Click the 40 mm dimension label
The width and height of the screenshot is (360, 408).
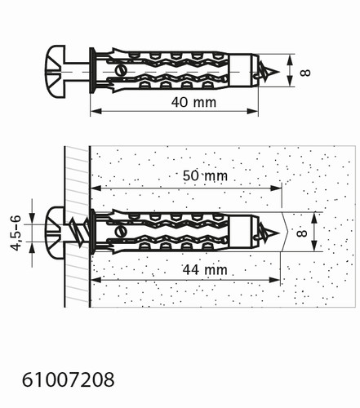pyautogui.click(x=193, y=103)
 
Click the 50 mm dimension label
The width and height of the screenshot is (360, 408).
pyautogui.click(x=205, y=175)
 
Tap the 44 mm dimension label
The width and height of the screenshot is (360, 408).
pyautogui.click(x=205, y=270)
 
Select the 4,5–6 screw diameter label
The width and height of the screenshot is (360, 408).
pyautogui.click(x=16, y=233)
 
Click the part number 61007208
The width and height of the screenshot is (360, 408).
pyautogui.click(x=68, y=379)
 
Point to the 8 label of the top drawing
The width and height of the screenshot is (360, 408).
pyautogui.click(x=305, y=73)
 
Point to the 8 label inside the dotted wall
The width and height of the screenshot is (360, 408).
pyautogui.click(x=302, y=233)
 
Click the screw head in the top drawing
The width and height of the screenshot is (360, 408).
pyautogui.click(x=56, y=72)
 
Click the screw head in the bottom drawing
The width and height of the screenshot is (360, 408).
pyautogui.click(x=56, y=233)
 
